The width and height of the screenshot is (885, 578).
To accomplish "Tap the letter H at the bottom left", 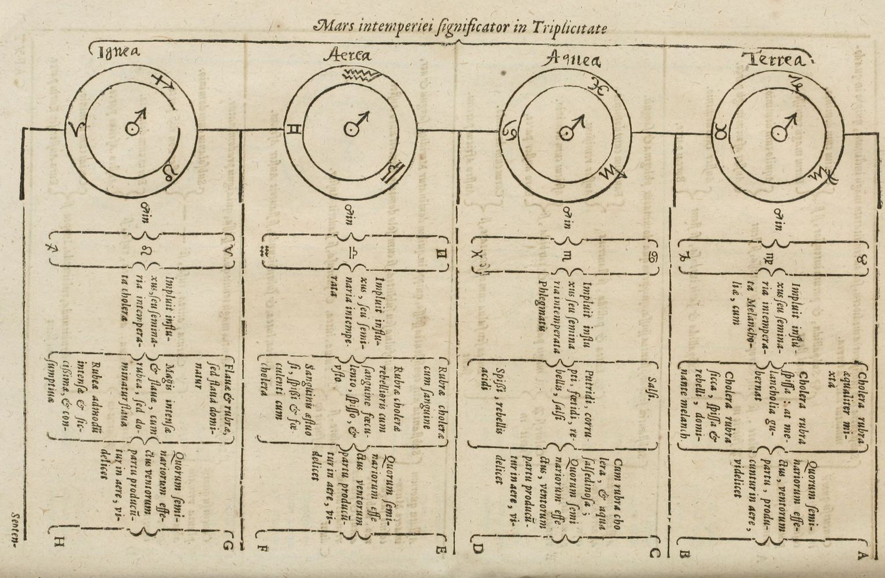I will coord(60,542).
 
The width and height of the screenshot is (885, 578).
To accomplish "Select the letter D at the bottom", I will coord(477,549).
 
